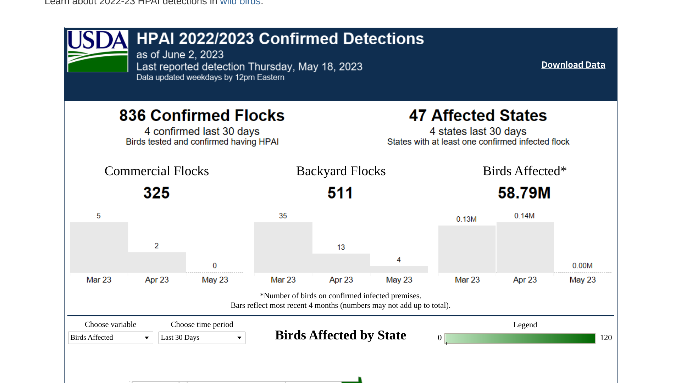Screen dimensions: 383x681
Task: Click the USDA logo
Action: (x=98, y=51)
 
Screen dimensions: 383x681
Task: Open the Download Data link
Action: (x=573, y=65)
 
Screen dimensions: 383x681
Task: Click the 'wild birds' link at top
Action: (x=240, y=2)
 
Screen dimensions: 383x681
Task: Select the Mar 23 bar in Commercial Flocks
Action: (x=99, y=247)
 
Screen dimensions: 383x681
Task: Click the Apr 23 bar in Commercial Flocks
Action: (x=157, y=262)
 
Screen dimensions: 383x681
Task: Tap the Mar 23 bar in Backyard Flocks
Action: (x=283, y=247)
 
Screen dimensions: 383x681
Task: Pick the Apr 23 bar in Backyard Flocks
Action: (x=341, y=263)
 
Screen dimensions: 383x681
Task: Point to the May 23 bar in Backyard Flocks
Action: (x=399, y=269)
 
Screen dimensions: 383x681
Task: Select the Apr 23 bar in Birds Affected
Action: (x=525, y=247)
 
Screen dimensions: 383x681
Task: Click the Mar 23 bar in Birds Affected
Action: (x=467, y=249)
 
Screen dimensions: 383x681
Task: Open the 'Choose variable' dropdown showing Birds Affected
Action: (x=110, y=338)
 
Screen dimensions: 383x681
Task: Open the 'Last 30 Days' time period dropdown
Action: (x=202, y=338)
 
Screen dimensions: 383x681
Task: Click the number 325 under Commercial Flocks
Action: (x=156, y=193)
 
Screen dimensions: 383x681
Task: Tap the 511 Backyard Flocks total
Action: (x=340, y=193)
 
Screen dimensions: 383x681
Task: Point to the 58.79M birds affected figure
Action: (x=524, y=193)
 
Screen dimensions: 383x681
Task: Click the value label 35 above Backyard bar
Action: (x=283, y=216)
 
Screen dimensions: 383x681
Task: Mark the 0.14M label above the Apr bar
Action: (x=524, y=216)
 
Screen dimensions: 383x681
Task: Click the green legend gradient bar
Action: (x=520, y=338)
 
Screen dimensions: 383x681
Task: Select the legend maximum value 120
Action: (x=606, y=338)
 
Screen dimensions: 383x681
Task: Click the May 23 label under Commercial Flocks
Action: (x=215, y=280)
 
